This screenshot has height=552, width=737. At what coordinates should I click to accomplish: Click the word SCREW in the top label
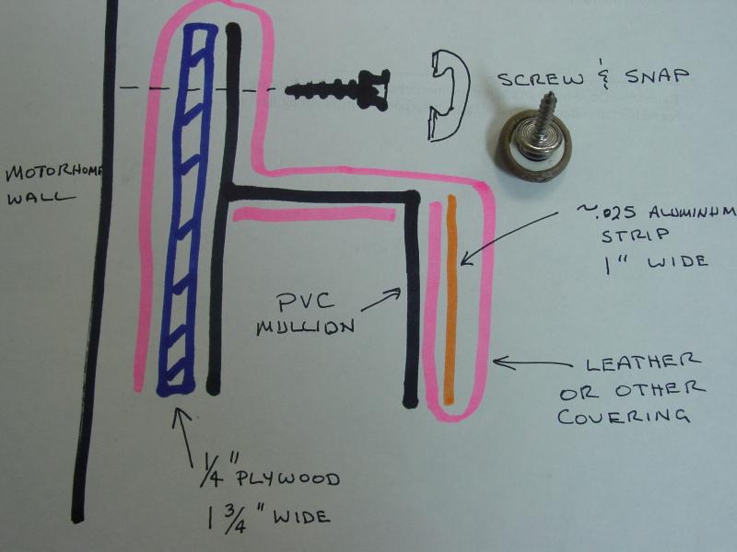click(541, 78)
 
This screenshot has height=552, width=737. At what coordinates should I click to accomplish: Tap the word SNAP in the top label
click(657, 75)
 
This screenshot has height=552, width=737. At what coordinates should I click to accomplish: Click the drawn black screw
click(338, 89)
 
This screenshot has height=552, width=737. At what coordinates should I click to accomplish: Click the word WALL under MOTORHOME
click(41, 198)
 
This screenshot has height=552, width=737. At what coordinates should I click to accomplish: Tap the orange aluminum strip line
click(451, 300)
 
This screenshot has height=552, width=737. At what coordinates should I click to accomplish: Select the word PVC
click(306, 303)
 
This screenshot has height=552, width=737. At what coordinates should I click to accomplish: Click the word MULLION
click(306, 327)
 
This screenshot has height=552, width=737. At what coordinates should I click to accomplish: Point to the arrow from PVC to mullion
click(381, 300)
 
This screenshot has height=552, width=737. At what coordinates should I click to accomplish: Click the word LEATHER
click(642, 362)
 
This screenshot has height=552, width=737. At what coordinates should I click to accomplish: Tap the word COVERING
click(624, 417)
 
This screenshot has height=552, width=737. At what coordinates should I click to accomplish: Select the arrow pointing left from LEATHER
click(532, 363)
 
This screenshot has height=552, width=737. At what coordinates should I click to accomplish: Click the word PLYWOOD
click(287, 478)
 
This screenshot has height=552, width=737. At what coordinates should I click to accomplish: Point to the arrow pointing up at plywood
click(183, 436)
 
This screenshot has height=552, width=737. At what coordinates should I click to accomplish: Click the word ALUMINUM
click(692, 213)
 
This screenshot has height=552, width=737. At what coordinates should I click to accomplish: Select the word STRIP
click(636, 236)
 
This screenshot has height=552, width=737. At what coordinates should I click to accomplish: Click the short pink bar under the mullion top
click(314, 214)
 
